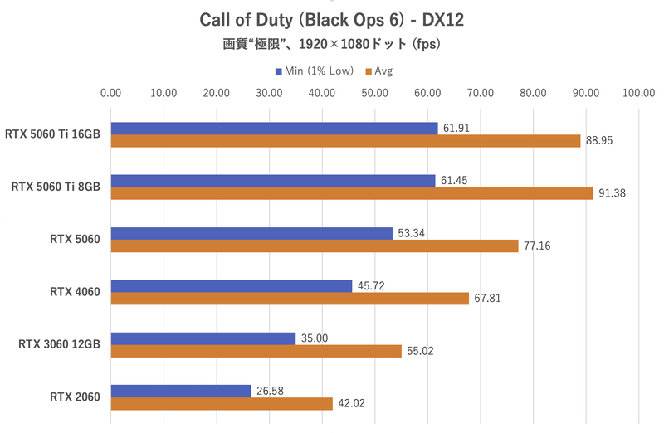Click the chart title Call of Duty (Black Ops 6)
pos(332,18)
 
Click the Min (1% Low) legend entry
pos(310,71)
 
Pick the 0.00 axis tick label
pos(110,93)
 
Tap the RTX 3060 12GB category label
pos(59,344)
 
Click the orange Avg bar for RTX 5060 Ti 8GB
pos(352,193)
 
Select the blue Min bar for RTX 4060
pos(232,286)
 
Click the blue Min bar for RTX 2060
pos(181,391)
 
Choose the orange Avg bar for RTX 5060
pos(315,246)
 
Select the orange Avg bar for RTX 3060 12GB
pos(256,351)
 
